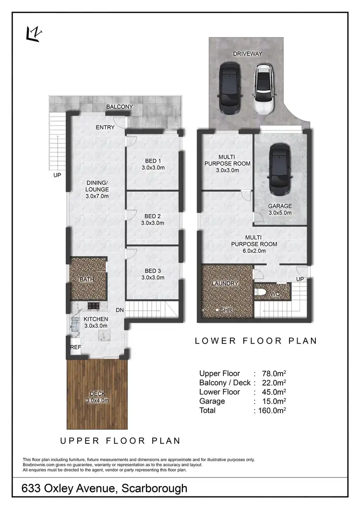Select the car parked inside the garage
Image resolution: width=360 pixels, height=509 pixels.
[279, 168]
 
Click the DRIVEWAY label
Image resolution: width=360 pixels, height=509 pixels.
[248, 54]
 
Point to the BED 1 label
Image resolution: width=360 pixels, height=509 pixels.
[153, 161]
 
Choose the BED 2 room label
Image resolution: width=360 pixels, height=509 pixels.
[153, 215]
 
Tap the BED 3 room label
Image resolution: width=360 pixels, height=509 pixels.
[153, 271]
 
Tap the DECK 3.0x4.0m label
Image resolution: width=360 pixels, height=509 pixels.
[97, 397]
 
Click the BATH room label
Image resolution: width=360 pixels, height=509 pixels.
[86, 280]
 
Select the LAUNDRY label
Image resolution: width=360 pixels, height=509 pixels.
[225, 284]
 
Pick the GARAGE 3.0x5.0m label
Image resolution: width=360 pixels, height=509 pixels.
[280, 209]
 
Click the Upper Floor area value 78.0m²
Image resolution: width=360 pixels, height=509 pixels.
[272, 373]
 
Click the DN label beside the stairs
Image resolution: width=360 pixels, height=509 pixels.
[120, 310]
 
